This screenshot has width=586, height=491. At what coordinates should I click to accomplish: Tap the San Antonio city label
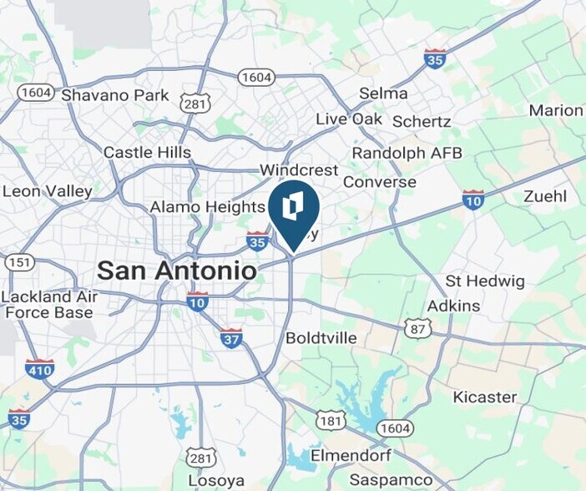176,271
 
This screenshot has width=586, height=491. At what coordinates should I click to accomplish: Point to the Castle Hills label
147,153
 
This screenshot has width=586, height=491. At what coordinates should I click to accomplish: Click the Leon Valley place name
48,191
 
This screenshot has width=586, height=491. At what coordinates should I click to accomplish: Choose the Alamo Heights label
207,206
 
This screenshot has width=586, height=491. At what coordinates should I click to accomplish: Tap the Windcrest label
299,170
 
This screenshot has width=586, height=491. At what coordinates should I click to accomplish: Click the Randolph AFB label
407,154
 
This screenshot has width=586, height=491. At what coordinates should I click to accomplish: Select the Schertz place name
421,122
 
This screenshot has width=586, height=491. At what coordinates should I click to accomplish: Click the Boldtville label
321,338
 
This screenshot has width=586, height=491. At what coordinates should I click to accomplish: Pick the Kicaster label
485,397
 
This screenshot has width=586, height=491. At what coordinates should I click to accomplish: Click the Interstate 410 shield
39,368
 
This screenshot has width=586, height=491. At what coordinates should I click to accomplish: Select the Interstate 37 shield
231,338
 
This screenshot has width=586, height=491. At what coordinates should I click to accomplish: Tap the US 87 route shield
417,328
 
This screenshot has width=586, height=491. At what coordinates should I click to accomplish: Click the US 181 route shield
331,420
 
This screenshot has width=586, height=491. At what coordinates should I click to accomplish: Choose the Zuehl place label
545,197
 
